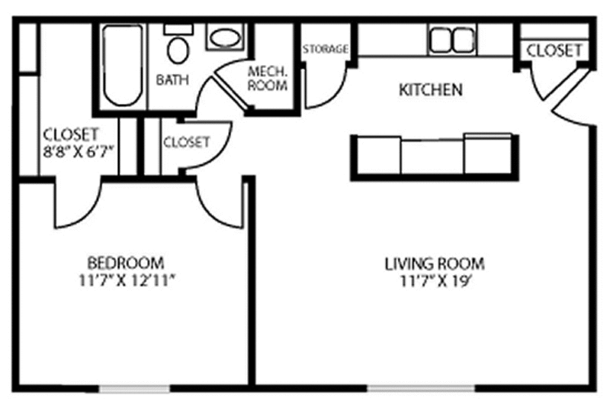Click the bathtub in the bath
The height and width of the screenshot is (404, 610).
(123, 66)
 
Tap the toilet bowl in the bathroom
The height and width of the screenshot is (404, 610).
(178, 50)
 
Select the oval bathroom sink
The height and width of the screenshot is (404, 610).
(226, 37)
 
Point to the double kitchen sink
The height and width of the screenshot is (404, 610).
(452, 40)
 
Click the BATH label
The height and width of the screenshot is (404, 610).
(172, 80)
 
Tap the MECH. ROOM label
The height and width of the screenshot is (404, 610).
(268, 79)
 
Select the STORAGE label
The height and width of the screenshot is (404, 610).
(326, 49)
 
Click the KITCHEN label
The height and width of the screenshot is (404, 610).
(431, 90)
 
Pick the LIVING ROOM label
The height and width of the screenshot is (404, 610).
(435, 263)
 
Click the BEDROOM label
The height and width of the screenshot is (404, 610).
(126, 263)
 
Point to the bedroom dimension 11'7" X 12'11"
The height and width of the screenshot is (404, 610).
(127, 280)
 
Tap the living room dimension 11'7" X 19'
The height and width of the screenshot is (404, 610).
(435, 281)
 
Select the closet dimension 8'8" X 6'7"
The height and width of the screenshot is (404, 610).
(79, 151)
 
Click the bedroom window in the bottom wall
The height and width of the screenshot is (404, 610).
(134, 389)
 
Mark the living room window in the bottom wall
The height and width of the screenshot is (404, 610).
(421, 389)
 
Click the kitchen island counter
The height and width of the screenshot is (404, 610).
(435, 157)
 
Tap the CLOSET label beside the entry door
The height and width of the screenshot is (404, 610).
(554, 50)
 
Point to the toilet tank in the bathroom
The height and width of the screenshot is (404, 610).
(178, 29)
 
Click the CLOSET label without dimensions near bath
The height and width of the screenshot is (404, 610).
(187, 142)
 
